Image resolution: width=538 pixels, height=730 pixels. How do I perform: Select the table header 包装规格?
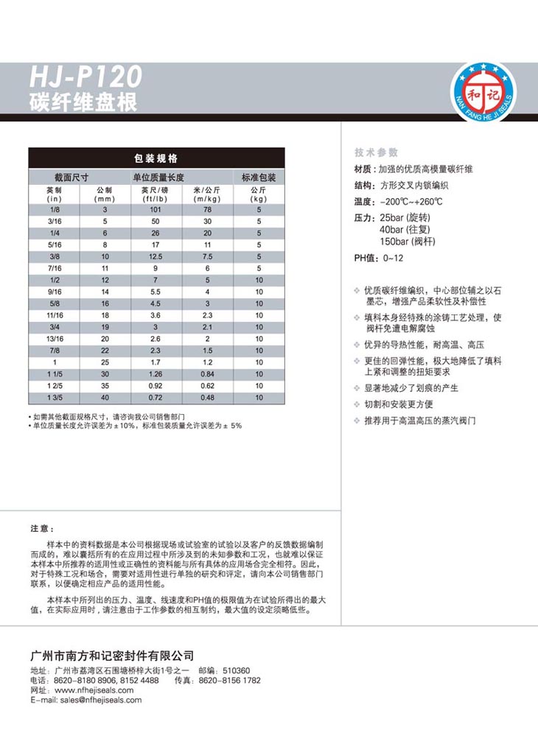click(156, 158)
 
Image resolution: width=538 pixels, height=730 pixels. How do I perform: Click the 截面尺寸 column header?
click(71, 178)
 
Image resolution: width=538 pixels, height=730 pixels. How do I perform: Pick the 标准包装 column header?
click(259, 178)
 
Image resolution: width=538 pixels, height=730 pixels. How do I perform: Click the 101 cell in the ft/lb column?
click(156, 210)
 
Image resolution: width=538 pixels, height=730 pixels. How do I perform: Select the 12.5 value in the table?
click(156, 257)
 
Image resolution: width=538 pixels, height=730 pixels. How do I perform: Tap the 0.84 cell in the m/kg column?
click(208, 374)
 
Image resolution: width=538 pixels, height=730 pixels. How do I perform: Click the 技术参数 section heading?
click(376, 152)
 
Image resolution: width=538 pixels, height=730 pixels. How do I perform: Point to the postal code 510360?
click(236, 670)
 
